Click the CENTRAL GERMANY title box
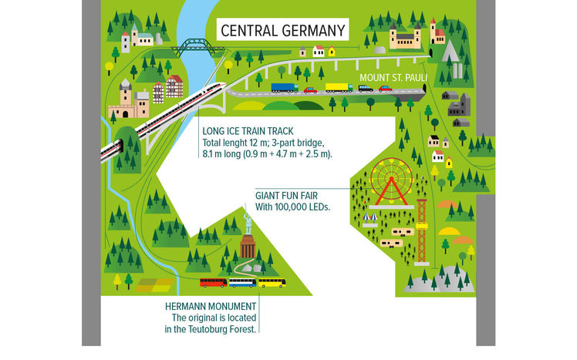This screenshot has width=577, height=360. coord(281,31)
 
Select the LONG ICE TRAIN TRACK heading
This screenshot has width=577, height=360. coord(248,132)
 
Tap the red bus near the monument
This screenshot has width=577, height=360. coord(214,283)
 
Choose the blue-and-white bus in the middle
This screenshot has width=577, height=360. coord(242,283)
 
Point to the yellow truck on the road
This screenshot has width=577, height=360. coord(338,87)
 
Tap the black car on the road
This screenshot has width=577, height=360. coord(365,88)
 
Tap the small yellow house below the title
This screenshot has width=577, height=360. coord(332,52)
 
